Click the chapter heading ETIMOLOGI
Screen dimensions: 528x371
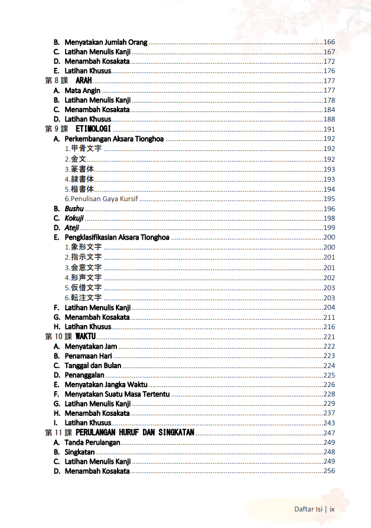[x=93, y=129]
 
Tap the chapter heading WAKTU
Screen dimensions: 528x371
[x=86, y=336]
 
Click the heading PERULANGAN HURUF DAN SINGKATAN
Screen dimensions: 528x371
[x=135, y=432]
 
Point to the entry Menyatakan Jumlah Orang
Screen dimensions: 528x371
[x=106, y=42]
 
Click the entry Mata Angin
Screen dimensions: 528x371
[x=82, y=91]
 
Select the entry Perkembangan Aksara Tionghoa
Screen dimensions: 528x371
[x=114, y=139]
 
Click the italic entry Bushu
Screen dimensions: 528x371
[x=74, y=209]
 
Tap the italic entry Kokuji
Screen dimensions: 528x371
[x=74, y=218]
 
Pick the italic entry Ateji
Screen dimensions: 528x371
[x=71, y=228]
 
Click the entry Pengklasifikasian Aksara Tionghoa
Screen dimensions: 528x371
[x=117, y=238]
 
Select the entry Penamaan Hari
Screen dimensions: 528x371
[x=88, y=356]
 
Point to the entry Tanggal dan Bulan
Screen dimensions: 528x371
[x=93, y=365]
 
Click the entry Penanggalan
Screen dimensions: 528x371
[x=84, y=375]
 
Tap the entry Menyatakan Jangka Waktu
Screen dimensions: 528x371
[x=106, y=385]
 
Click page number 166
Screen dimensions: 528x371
[x=329, y=42]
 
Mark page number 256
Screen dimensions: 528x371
[x=329, y=471]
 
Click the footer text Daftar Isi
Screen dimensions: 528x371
[x=308, y=509]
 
